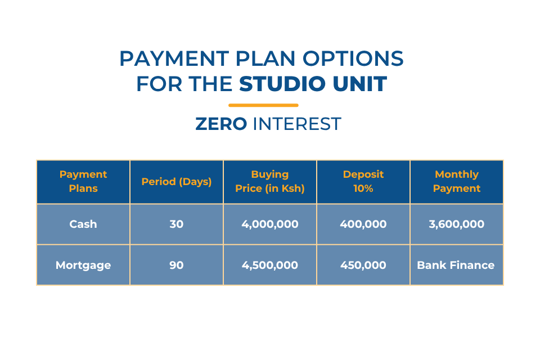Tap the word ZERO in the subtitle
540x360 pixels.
point(221,124)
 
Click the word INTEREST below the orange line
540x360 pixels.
point(297,124)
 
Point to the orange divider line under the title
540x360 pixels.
point(263,105)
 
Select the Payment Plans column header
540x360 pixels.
point(83,181)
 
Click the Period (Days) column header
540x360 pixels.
point(176,182)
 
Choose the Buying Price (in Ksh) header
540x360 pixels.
point(270,181)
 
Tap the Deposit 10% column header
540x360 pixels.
point(363,181)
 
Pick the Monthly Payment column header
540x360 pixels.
point(457,181)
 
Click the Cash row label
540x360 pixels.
point(83,224)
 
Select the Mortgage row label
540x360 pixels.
point(83,265)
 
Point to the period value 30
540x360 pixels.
point(176,224)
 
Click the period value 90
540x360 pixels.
point(176,265)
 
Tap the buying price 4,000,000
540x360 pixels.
point(270,224)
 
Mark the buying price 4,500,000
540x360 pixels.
point(270,265)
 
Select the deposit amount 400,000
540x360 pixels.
point(363,224)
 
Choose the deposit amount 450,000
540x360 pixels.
point(363,265)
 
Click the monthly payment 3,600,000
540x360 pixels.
point(457,224)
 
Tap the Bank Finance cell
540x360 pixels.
point(456,265)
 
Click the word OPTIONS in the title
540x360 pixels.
point(353,58)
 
